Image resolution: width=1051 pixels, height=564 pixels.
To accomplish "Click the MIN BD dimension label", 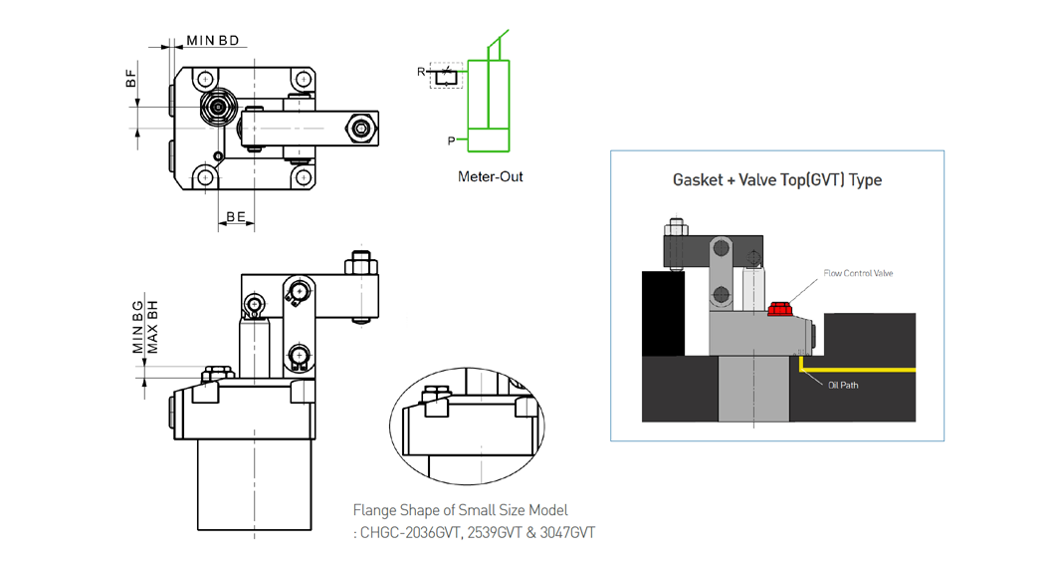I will pyautogui.click(x=212, y=41).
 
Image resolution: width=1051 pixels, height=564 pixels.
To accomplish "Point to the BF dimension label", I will pyautogui.click(x=130, y=80).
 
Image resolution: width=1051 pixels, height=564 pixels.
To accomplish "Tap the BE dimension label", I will pyautogui.click(x=236, y=215).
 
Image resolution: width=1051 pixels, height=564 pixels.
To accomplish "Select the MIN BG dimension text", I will pyautogui.click(x=139, y=329).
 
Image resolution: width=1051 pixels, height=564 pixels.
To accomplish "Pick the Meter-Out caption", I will pyautogui.click(x=490, y=177).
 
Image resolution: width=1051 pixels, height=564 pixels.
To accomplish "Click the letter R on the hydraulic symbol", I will pyautogui.click(x=421, y=72).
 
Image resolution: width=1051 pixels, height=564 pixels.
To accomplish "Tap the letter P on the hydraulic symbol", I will pyautogui.click(x=451, y=141).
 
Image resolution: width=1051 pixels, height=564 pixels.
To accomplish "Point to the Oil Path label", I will pyautogui.click(x=842, y=386).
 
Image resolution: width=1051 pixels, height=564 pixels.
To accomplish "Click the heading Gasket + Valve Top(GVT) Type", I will pyautogui.click(x=776, y=180).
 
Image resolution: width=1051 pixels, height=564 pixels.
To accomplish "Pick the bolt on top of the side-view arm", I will pyautogui.click(x=361, y=265).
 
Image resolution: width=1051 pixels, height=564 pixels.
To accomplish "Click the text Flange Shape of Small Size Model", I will pyautogui.click(x=460, y=511).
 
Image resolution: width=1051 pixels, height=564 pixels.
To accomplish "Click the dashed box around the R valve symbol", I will pyautogui.click(x=446, y=74).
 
